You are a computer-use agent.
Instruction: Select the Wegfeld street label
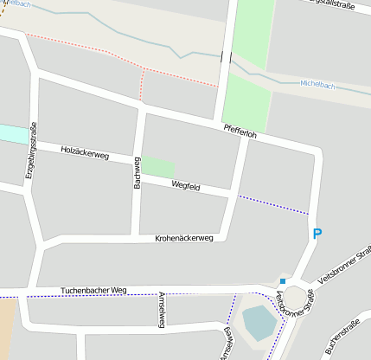coord(186,185)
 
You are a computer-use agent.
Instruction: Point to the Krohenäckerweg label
coord(183,238)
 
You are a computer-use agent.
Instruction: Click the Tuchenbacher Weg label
coord(93,290)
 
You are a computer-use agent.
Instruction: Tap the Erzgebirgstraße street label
coord(30,153)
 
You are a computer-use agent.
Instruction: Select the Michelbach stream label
coord(317,85)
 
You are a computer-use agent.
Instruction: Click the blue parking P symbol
coord(317,234)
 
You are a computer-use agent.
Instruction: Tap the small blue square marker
coord(283,281)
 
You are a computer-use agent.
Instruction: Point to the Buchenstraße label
coord(341,337)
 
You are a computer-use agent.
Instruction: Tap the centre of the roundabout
coord(296,299)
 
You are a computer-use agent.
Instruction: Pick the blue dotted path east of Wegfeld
coord(273,204)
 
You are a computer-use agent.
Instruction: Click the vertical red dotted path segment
coord(141,85)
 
